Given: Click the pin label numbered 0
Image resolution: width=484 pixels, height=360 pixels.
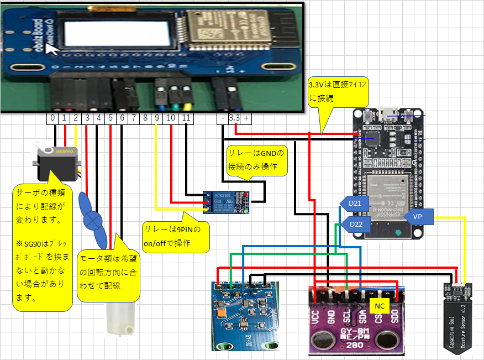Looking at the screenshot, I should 52,118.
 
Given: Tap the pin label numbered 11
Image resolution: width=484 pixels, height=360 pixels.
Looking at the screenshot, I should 186,118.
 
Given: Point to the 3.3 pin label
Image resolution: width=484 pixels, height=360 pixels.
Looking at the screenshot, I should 234,118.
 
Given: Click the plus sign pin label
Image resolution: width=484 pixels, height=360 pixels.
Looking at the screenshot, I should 245,118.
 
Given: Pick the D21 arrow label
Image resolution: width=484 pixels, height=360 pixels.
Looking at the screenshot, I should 354,204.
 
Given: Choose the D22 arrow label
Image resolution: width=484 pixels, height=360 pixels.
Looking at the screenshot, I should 354,224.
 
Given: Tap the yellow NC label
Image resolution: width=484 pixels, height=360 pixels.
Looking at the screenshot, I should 379,305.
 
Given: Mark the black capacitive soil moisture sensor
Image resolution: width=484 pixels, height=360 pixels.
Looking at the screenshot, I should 458,318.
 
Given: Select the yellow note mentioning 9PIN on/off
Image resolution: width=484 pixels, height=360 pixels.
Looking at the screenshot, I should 176,237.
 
